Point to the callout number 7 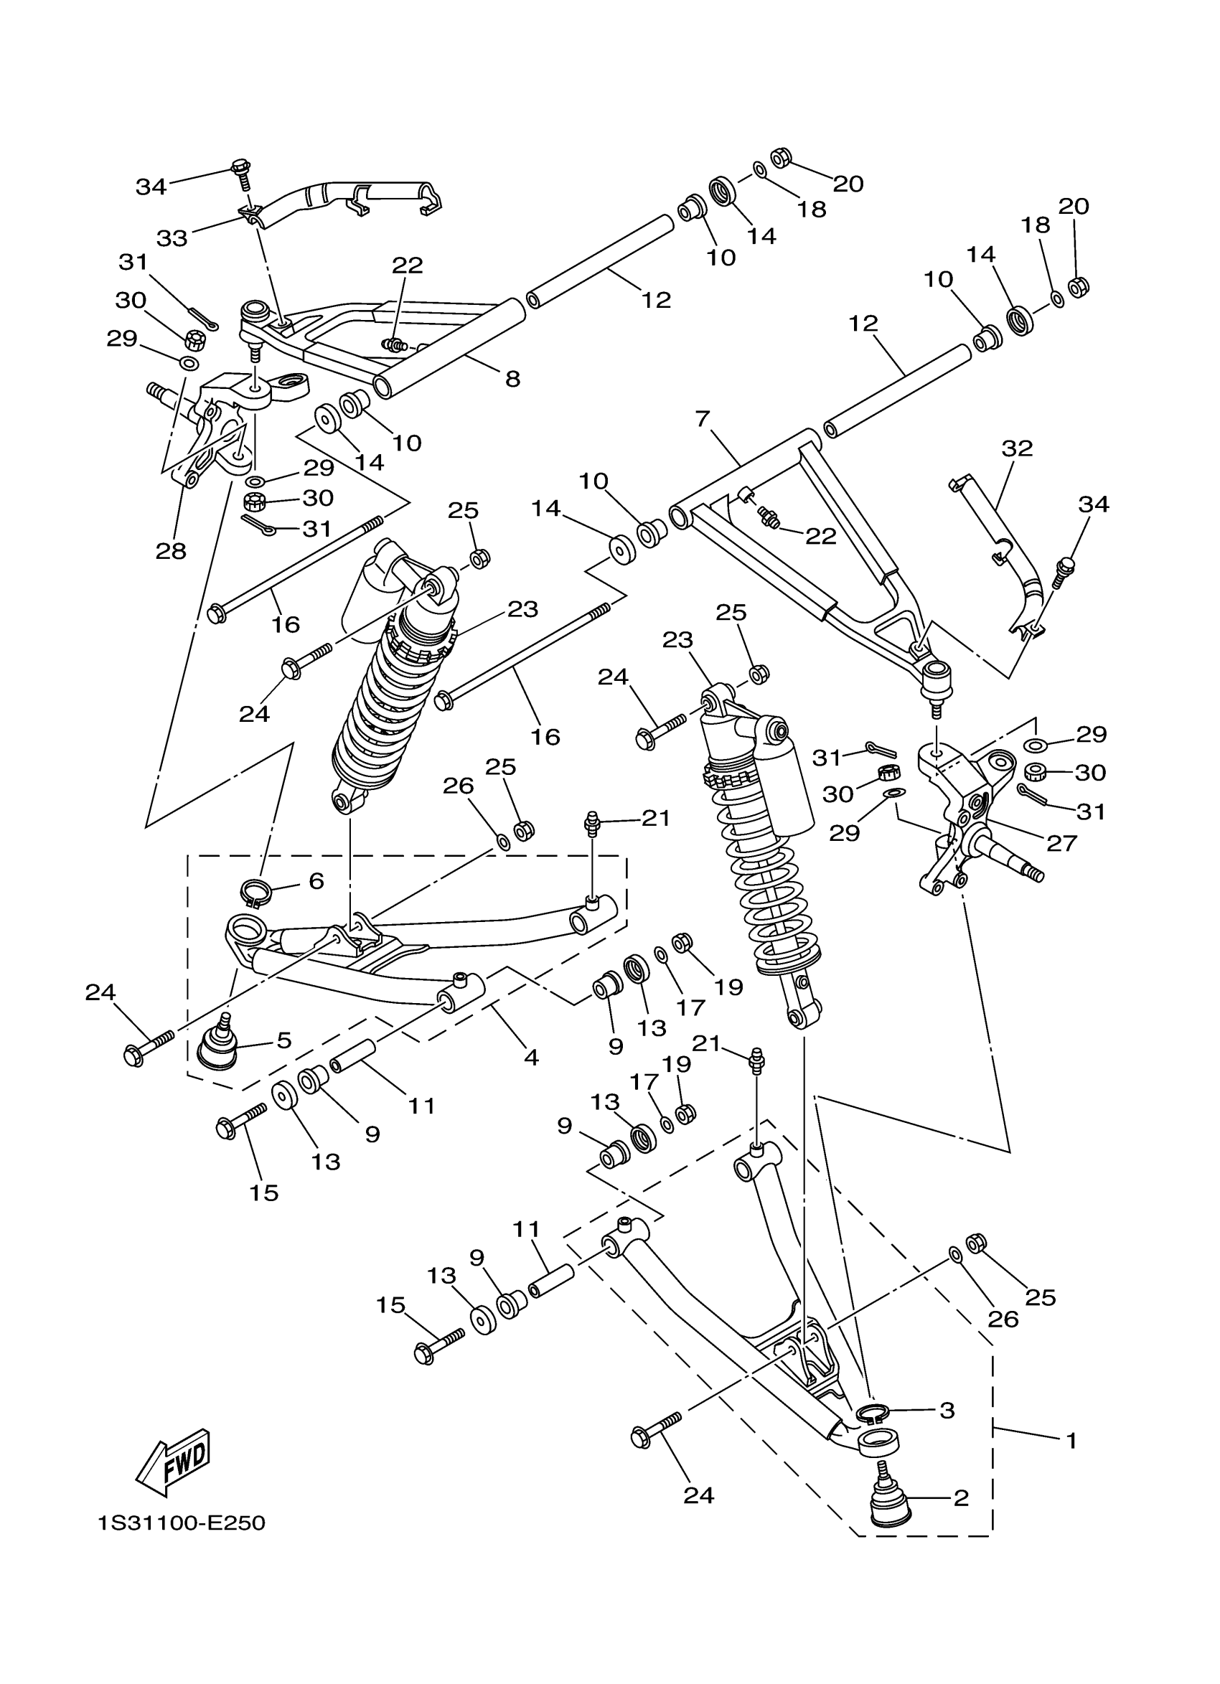[x=703, y=419]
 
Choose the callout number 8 [x=512, y=379]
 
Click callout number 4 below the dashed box [x=531, y=1058]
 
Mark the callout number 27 [x=1062, y=843]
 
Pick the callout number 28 [x=171, y=551]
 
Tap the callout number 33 [x=172, y=238]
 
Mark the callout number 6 [x=316, y=881]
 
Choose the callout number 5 [x=283, y=1040]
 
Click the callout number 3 [x=947, y=1410]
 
